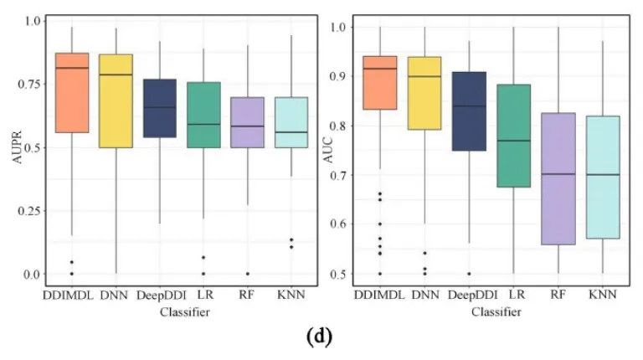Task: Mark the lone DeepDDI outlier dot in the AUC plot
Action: click(468, 274)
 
